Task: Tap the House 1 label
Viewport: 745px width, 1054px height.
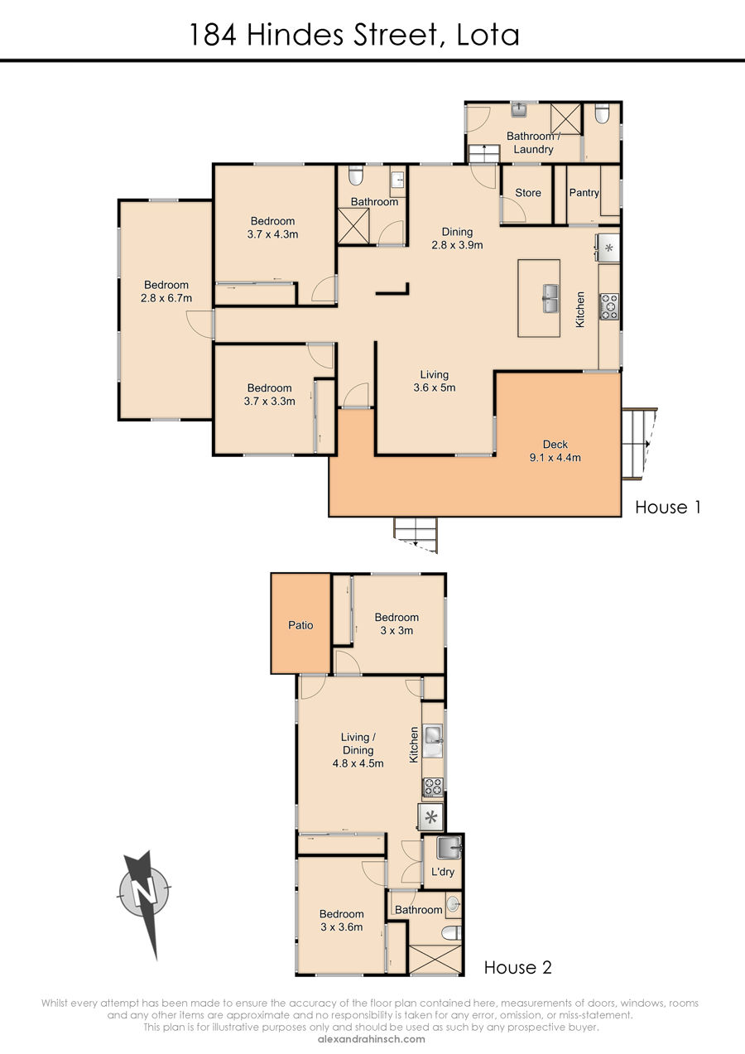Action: point(668,508)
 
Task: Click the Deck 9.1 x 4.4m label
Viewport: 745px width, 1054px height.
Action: point(555,450)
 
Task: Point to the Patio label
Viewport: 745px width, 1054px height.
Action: point(300,625)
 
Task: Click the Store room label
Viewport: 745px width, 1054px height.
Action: point(528,192)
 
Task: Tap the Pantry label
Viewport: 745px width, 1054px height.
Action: point(584,192)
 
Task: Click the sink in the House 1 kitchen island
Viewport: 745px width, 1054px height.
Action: point(550,298)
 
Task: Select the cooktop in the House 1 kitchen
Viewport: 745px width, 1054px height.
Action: point(609,307)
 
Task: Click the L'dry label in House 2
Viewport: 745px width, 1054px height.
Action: point(443,871)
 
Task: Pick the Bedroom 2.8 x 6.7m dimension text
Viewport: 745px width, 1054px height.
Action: point(166,291)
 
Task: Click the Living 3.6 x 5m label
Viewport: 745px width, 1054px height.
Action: point(434,381)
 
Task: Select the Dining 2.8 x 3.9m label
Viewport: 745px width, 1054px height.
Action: point(457,238)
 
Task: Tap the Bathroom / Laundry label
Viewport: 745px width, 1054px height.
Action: point(533,142)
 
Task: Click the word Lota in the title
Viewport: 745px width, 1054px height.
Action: point(488,36)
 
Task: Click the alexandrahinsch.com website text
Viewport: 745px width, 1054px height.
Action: point(372,1039)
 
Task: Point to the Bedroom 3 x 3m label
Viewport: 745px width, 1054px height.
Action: point(397,624)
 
